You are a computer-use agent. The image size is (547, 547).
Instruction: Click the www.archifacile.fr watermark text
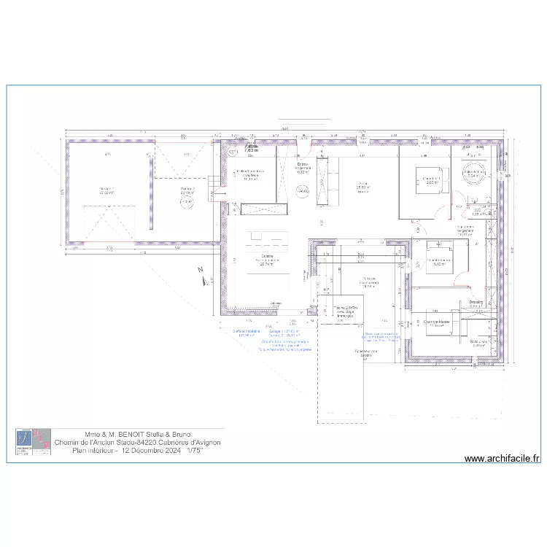click(x=502, y=459)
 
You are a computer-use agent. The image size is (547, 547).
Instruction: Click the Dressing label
click(x=476, y=301)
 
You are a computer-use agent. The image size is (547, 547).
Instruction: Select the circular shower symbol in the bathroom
click(x=470, y=171)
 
